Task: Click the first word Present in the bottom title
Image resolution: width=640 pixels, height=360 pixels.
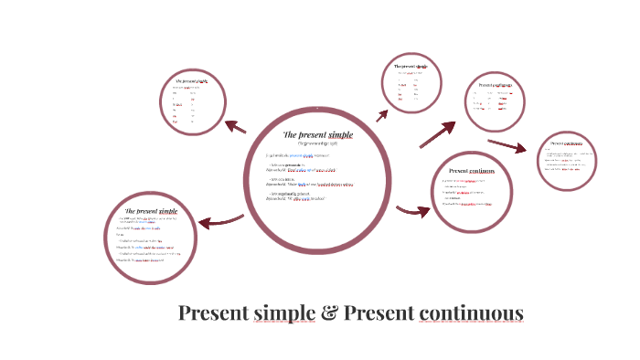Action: pyautogui.click(x=213, y=313)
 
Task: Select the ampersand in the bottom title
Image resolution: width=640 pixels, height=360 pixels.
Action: pyautogui.click(x=329, y=313)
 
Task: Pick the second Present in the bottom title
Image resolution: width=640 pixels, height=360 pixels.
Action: pyautogui.click(x=379, y=313)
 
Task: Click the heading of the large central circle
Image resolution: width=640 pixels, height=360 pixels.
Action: pyautogui.click(x=317, y=134)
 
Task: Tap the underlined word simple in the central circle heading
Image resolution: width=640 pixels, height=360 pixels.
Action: pyautogui.click(x=339, y=134)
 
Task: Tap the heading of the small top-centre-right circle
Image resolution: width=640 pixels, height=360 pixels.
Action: pyautogui.click(x=411, y=67)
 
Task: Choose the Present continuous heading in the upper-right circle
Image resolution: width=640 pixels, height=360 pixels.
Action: pyautogui.click(x=495, y=85)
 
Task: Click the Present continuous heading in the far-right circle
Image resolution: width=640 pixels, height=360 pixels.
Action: pyautogui.click(x=567, y=143)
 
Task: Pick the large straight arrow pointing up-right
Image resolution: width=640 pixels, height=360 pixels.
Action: pyautogui.click(x=437, y=134)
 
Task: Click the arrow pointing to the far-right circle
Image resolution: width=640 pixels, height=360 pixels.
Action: pyautogui.click(x=508, y=146)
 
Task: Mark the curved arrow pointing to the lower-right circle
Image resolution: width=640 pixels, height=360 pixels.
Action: pyautogui.click(x=413, y=212)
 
